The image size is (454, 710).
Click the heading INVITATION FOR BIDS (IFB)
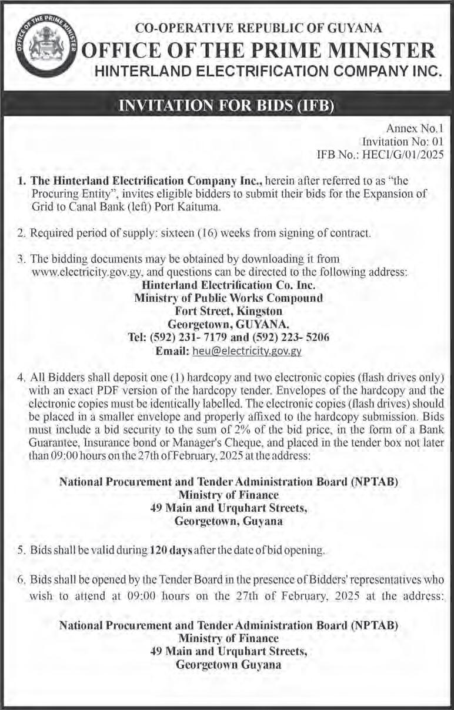[226, 106]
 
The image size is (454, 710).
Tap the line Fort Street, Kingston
[228, 311]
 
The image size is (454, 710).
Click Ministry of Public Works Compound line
[228, 298]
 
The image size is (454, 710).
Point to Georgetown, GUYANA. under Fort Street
[228, 324]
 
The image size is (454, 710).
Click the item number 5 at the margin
[21, 551]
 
